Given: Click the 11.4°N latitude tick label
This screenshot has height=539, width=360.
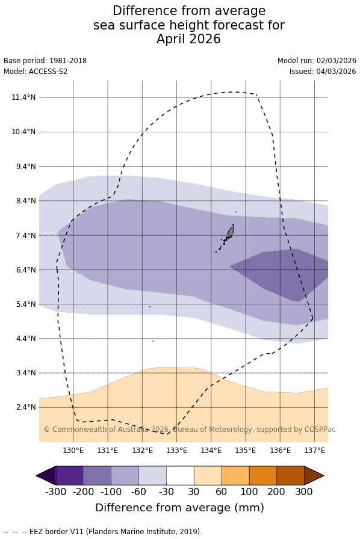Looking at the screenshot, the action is coord(23,97).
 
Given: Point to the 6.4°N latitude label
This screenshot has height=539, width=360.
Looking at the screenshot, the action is coord(25,270).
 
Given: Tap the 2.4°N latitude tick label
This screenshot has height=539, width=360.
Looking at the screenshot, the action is coord(25,407).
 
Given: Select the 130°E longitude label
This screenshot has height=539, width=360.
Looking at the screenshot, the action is coord(73,451).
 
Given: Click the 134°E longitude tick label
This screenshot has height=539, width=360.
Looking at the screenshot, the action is coord(211,451).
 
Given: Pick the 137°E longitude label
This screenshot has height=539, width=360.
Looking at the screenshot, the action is coord(315,451).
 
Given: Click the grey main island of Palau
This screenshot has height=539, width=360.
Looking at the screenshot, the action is coord(231,231).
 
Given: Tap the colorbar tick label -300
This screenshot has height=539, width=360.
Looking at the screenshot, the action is coord(56,491).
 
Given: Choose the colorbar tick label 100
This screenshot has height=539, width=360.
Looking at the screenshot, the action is coord(249,491).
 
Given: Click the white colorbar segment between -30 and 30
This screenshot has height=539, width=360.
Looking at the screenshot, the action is coord(180,475).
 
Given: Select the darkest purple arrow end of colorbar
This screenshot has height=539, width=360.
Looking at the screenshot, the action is coord(46,475).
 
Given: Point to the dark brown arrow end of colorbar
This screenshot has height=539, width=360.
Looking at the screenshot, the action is coord(314,475).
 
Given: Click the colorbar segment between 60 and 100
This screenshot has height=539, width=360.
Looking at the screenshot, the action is coord(235,475).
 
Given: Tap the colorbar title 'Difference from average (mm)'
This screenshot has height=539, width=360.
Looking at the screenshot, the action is coord(179,508).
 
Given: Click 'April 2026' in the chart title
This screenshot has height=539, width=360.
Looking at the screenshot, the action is coord(188,38).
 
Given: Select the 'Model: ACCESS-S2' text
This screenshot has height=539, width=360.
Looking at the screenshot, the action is coord(36,72).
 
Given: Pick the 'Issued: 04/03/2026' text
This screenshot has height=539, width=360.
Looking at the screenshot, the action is coord(323,72).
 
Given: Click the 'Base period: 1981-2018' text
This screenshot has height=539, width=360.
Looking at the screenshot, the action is coord(45,61).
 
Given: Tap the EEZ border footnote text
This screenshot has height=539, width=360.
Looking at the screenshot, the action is coord(103,531).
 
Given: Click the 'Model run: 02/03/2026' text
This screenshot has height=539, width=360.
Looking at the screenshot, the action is coord(317,61).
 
